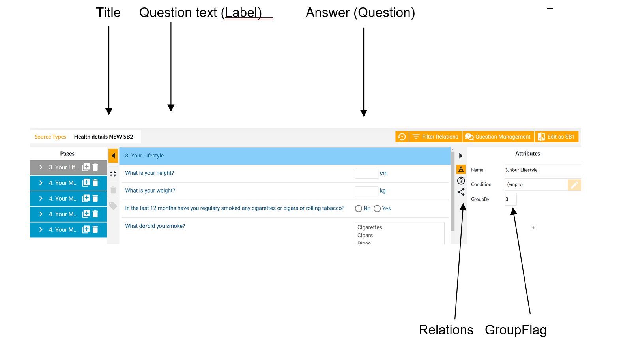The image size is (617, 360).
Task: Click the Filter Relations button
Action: click(436, 137)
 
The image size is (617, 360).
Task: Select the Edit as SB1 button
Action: click(556, 137)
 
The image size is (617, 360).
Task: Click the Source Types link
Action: click(50, 137)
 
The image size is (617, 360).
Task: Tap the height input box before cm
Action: click(366, 174)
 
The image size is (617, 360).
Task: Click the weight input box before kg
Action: click(366, 191)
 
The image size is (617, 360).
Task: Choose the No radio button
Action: click(358, 209)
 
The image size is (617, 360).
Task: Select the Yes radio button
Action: click(377, 209)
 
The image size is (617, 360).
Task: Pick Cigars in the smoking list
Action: click(365, 235)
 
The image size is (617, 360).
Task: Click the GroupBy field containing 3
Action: click(510, 199)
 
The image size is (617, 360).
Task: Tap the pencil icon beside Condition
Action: click(574, 185)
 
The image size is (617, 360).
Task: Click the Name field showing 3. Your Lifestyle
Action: click(542, 170)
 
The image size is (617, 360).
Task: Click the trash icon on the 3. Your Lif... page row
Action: click(95, 167)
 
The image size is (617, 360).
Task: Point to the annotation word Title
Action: click(108, 13)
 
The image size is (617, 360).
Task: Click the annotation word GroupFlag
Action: click(516, 330)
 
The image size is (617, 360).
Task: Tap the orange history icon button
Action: click(402, 137)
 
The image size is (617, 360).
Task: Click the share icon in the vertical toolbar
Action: click(461, 192)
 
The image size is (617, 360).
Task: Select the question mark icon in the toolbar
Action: click(461, 181)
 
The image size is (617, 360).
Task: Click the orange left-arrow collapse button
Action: click(113, 156)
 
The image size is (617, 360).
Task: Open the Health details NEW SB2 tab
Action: click(104, 137)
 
